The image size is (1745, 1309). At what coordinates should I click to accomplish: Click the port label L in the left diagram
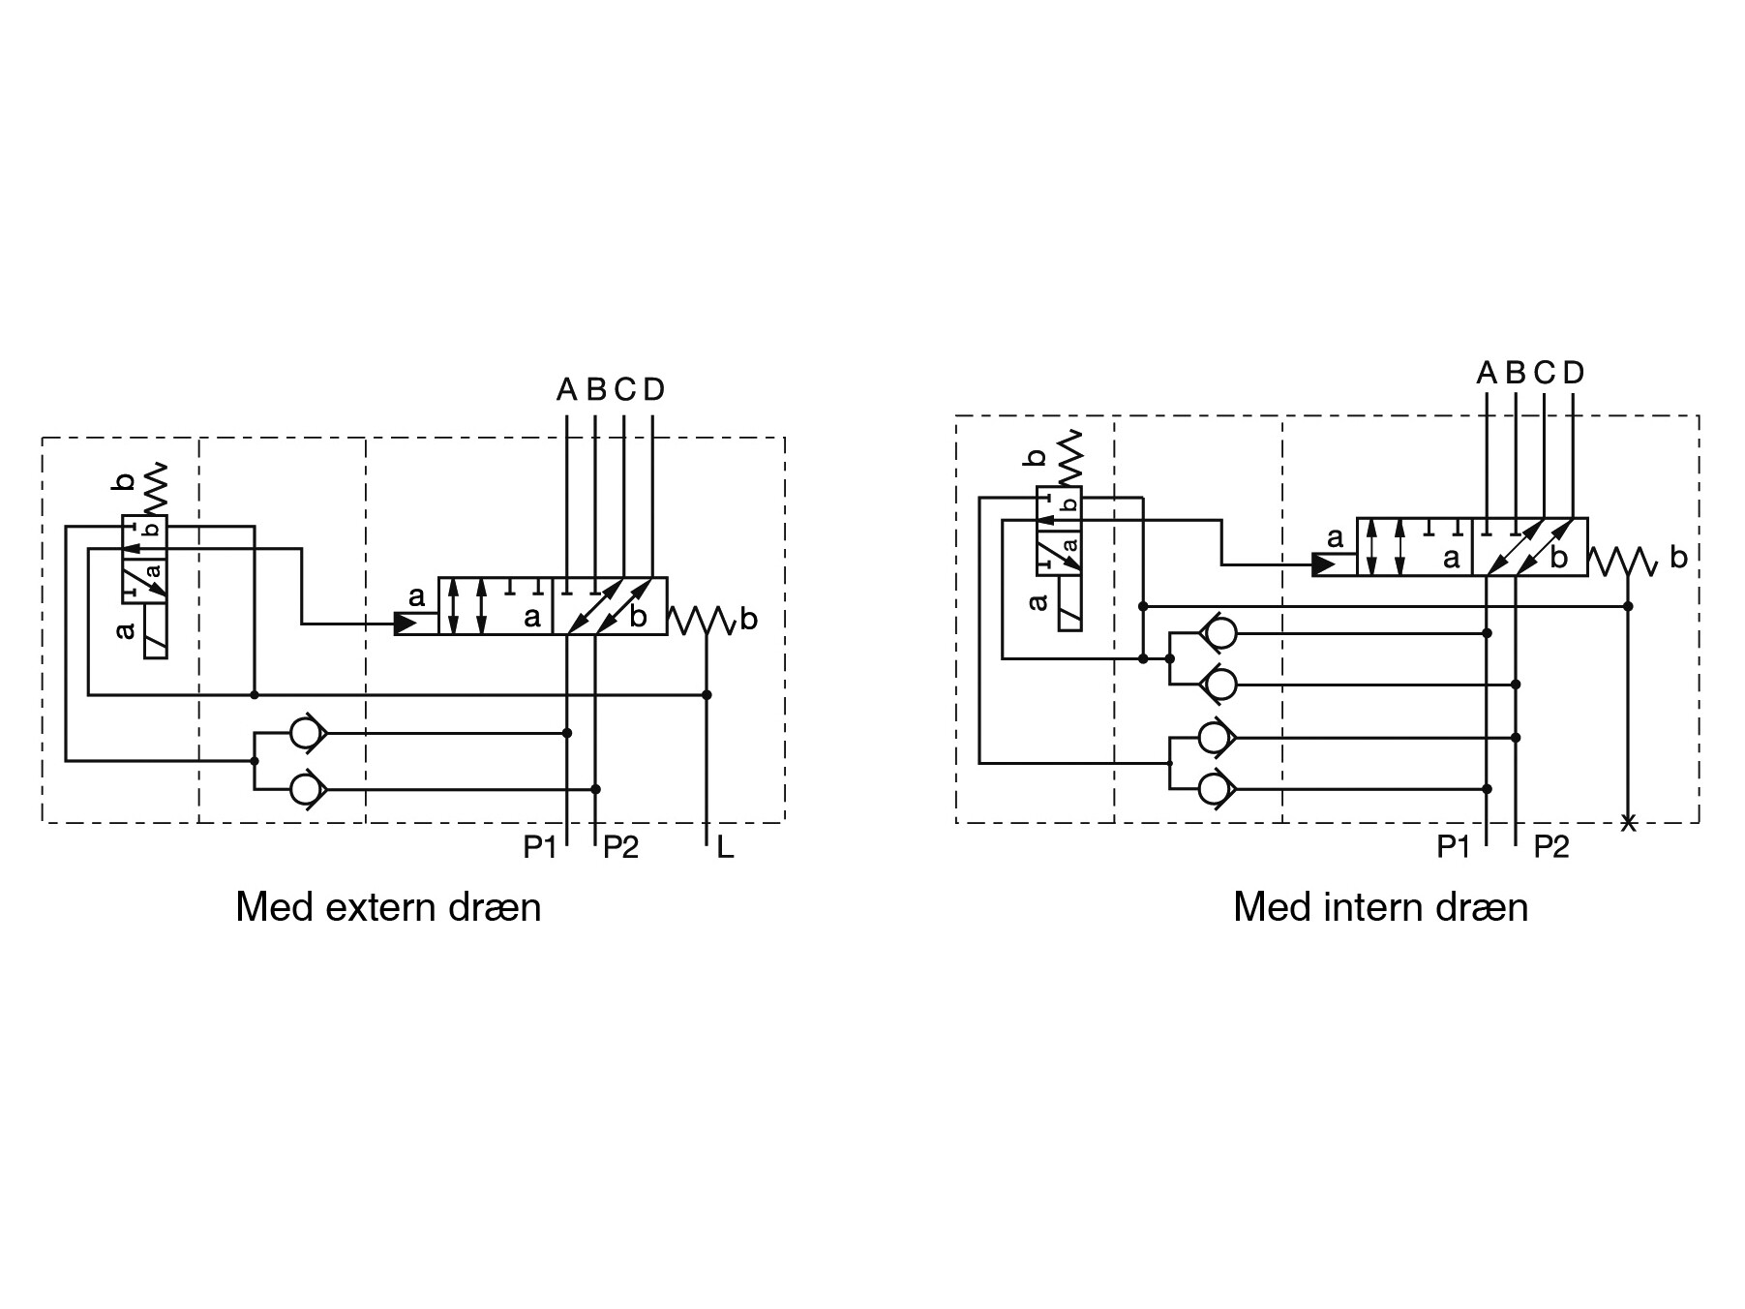click(725, 849)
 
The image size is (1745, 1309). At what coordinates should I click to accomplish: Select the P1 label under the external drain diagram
click(540, 847)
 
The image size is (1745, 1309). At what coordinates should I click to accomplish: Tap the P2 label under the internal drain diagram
click(1551, 847)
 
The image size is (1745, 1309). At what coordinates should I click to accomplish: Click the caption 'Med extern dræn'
click(388, 907)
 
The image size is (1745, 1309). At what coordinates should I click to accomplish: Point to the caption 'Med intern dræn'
click(1380, 907)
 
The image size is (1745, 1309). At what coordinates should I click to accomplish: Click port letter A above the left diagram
click(566, 390)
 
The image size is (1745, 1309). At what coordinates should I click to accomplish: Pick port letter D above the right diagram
click(1574, 372)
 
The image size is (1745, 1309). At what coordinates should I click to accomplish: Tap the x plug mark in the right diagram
click(1629, 823)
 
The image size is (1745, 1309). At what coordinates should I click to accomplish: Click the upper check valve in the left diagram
click(308, 734)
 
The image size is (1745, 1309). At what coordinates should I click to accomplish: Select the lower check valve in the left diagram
click(308, 789)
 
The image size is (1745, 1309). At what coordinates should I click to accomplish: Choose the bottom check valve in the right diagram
click(1217, 790)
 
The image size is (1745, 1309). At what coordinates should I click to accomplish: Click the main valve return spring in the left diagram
click(703, 621)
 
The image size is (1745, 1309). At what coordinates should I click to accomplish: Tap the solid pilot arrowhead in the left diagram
click(406, 624)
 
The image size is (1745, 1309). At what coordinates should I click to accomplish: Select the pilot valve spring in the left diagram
click(156, 489)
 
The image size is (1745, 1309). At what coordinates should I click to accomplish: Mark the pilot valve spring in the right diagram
click(1071, 458)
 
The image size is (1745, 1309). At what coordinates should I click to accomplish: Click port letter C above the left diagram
click(624, 390)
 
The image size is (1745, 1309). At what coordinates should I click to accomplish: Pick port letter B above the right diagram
click(1516, 372)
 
